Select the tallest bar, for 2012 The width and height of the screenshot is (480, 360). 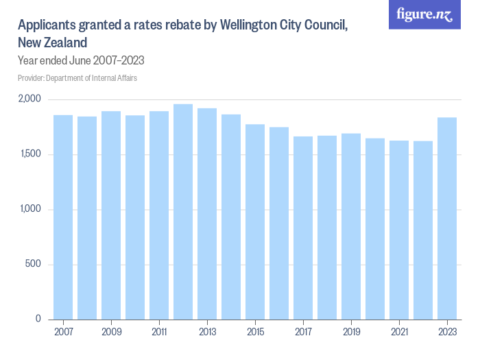183,212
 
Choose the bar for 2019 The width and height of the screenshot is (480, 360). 351,226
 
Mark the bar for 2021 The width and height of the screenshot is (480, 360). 399,230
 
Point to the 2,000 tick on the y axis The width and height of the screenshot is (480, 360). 30,99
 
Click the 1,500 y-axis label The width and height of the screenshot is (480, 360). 30,154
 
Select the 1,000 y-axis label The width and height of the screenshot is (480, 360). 30,209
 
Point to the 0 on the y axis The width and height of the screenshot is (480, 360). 39,320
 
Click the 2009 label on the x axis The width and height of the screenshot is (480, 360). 111,332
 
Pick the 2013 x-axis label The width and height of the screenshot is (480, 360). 207,332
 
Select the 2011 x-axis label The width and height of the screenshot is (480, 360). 159,332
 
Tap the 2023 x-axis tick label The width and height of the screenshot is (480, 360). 447,332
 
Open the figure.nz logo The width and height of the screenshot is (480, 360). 424,14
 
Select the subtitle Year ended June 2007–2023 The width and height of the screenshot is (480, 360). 81,60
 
